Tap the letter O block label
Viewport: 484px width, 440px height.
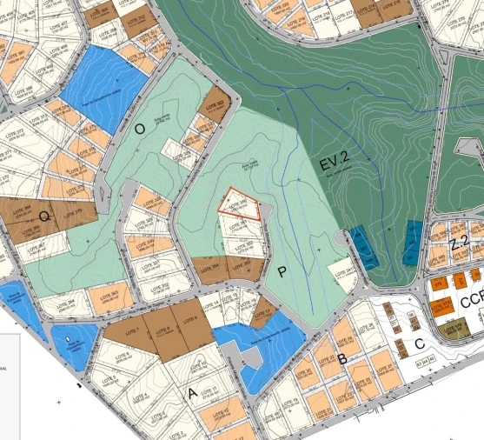[x=140, y=128]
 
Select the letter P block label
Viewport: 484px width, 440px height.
[x=282, y=271]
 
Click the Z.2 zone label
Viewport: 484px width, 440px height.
[x=460, y=242]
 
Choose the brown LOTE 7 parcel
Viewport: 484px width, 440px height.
[x=131, y=330]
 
